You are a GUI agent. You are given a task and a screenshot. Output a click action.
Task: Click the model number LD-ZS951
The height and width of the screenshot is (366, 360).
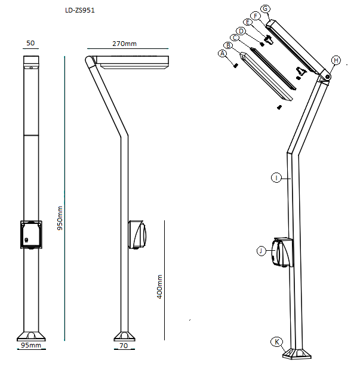(80, 10)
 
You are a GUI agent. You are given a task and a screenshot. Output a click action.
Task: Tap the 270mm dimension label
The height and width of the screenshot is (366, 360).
(124, 44)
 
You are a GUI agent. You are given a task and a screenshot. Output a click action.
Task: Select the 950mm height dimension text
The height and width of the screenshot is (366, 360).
(60, 218)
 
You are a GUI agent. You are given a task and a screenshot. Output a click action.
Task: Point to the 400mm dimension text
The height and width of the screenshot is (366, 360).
(159, 287)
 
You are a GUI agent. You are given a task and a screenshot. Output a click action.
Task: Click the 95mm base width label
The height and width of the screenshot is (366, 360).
(31, 345)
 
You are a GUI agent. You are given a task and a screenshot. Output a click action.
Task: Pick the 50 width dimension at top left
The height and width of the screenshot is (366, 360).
(30, 43)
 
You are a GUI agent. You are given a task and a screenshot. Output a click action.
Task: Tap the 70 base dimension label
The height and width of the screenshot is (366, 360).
(124, 346)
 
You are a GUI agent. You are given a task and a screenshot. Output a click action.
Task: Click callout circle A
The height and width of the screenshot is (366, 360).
(223, 54)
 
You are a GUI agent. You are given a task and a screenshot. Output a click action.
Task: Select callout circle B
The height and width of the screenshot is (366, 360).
(228, 45)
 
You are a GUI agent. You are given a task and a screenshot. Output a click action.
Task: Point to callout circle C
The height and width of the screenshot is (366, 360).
(235, 38)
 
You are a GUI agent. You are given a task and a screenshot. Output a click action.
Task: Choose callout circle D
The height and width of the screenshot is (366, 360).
(241, 31)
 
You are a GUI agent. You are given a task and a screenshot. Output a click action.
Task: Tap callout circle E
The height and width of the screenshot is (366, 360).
(248, 22)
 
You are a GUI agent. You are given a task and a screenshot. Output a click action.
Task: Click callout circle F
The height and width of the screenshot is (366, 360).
(256, 16)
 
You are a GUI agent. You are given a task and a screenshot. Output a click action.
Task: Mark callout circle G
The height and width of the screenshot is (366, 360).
(265, 9)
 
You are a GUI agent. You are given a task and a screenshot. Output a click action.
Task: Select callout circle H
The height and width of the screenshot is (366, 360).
(336, 60)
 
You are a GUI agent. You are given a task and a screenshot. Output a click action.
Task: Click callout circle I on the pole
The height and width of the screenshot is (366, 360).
(276, 178)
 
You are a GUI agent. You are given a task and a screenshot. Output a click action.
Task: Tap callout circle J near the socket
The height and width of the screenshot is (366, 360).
(261, 251)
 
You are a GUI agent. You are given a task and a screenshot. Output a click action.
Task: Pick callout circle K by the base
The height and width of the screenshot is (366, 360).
(276, 342)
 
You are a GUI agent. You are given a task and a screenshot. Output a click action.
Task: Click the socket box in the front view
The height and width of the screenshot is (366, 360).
(31, 235)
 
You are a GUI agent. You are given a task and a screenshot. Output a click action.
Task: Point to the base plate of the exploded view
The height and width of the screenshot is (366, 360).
(297, 353)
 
